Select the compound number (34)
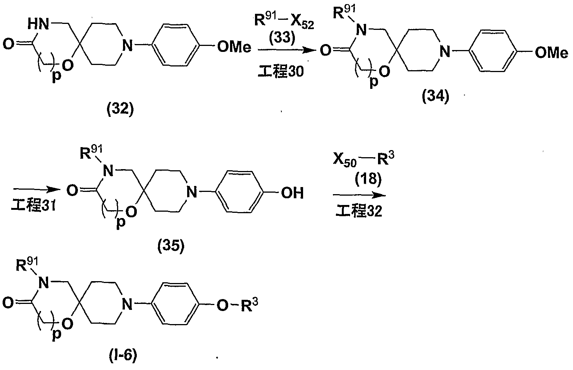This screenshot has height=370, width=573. (x=435, y=97)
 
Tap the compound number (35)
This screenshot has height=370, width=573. (x=171, y=246)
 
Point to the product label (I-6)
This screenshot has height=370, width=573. (x=123, y=356)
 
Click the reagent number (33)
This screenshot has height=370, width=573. (x=282, y=38)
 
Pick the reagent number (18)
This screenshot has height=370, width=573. (x=368, y=178)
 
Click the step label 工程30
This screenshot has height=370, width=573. (x=281, y=71)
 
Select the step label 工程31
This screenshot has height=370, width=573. (x=34, y=205)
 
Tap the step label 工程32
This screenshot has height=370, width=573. (x=359, y=211)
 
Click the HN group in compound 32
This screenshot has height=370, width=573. (x=38, y=24)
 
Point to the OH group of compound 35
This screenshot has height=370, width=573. (x=292, y=193)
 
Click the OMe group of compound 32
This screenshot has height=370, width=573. (x=234, y=47)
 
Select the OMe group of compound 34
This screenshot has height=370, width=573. (x=551, y=53)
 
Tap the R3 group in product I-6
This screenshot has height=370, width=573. (x=250, y=305)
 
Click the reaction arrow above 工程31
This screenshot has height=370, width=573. (x=37, y=190)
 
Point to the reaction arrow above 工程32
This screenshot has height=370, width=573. (x=359, y=195)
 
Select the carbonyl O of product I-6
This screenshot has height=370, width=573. (x=8, y=303)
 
